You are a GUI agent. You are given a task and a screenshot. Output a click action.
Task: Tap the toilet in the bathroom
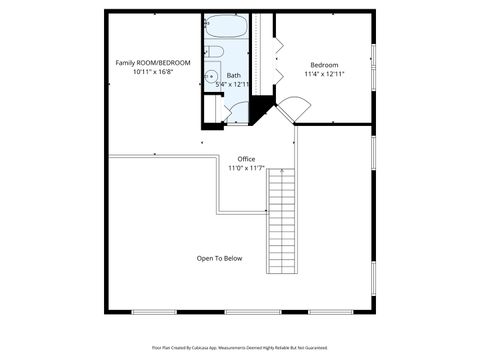coord(214,52)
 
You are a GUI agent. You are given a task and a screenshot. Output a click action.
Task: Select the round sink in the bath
coord(212,75)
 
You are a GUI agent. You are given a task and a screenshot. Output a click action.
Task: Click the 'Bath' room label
coord(233,75)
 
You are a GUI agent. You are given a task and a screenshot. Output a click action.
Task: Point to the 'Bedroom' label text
coord(324,64)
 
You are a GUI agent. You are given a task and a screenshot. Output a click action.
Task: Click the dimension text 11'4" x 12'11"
coord(324,74)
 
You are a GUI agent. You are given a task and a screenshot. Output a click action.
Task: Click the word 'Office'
coord(246,159)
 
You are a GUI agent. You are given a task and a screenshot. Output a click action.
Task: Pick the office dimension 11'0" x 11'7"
coord(246,169)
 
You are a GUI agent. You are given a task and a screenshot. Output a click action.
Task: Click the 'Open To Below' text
coord(219,258)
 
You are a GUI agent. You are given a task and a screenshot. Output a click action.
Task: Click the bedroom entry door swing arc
coord(292,109)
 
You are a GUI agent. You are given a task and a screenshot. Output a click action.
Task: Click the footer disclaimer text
coord(239,347)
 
